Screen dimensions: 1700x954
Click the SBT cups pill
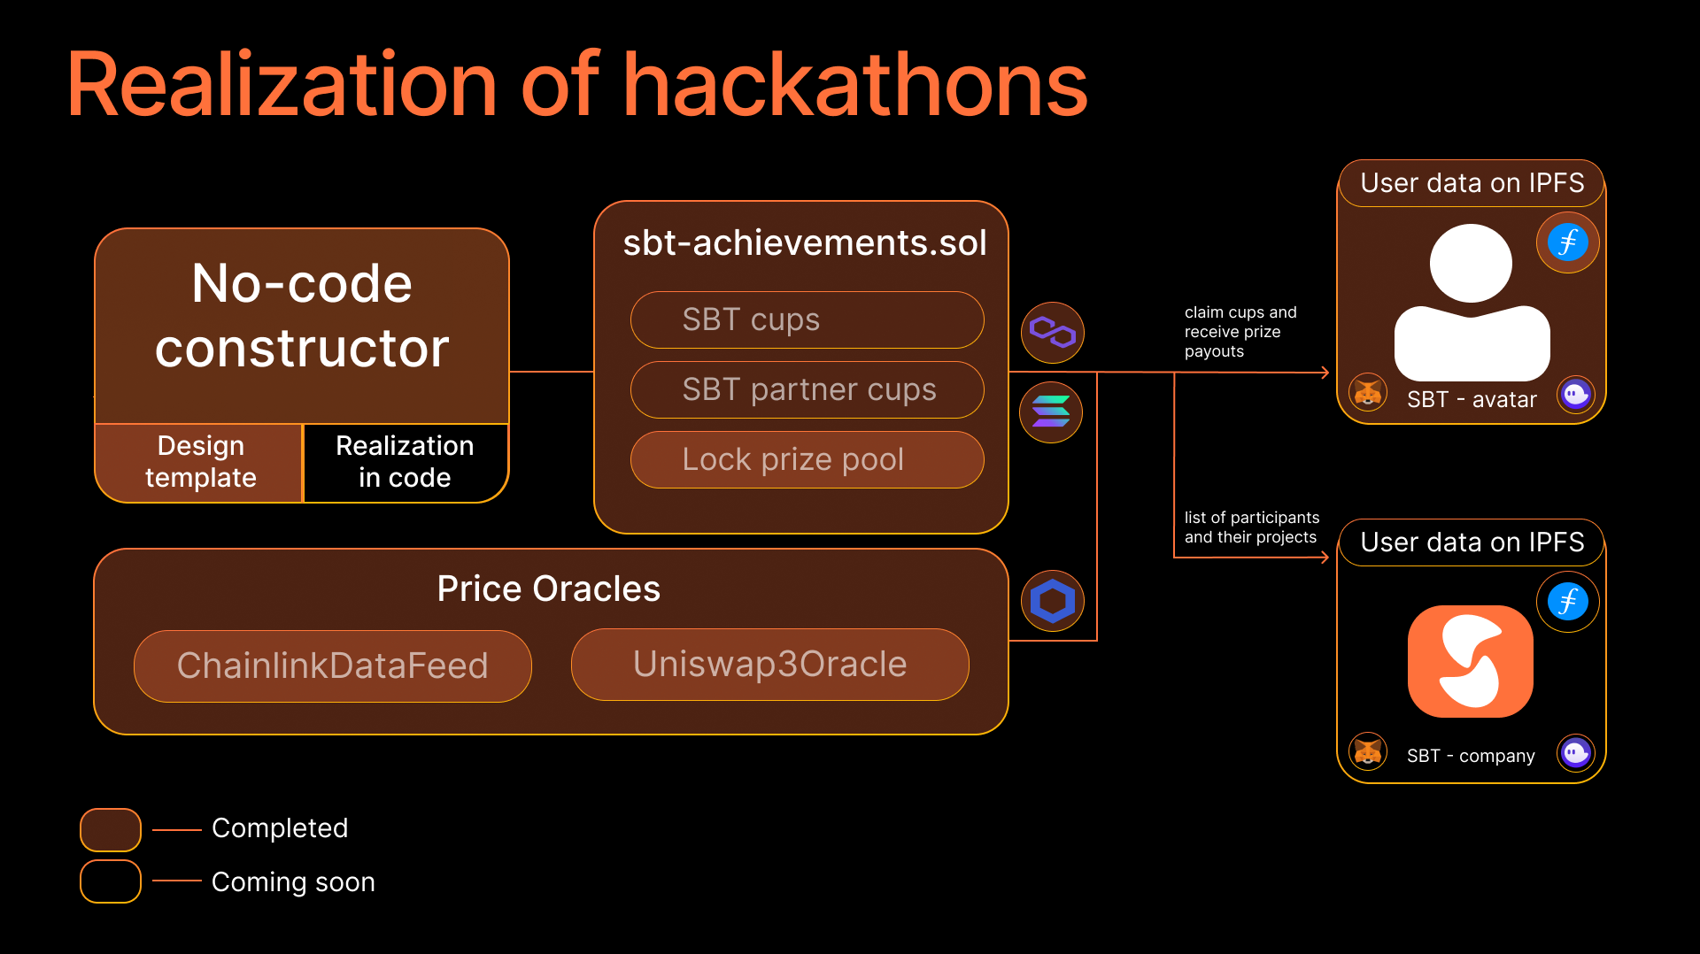(x=807, y=319)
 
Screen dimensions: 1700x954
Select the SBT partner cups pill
(x=807, y=389)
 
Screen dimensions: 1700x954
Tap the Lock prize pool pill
(x=807, y=459)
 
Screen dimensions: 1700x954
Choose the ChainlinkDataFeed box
(x=332, y=665)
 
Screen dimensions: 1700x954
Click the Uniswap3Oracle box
(x=769, y=665)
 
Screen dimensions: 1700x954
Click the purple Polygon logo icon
(x=1052, y=333)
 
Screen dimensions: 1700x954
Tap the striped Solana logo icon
(x=1051, y=412)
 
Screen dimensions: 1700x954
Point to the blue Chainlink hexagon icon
(x=1052, y=601)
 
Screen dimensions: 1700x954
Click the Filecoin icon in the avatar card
(x=1567, y=242)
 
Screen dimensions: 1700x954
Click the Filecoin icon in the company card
(x=1567, y=602)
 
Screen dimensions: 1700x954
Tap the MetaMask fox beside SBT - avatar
(x=1368, y=392)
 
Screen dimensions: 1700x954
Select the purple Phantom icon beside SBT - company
(x=1576, y=753)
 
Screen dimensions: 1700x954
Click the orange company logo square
(x=1470, y=661)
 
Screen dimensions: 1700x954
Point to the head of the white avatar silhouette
(x=1471, y=264)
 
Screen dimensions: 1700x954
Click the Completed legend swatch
(x=111, y=829)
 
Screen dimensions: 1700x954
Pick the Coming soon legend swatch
(x=111, y=881)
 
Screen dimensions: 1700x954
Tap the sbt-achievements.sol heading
(x=805, y=243)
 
